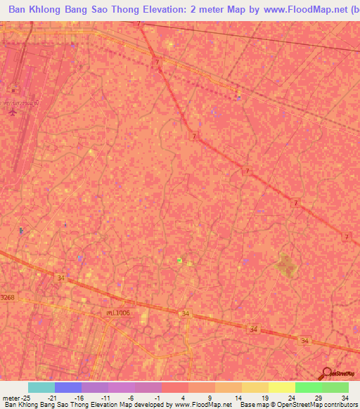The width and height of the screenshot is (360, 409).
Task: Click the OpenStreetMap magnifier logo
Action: coord(327,375)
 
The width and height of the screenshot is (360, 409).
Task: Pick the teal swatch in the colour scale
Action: coord(41,387)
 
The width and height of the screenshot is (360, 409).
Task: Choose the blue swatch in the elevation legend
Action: coord(68,387)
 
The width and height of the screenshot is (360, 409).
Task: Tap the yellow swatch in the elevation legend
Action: coord(282,387)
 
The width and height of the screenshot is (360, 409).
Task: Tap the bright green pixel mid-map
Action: coord(179,261)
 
